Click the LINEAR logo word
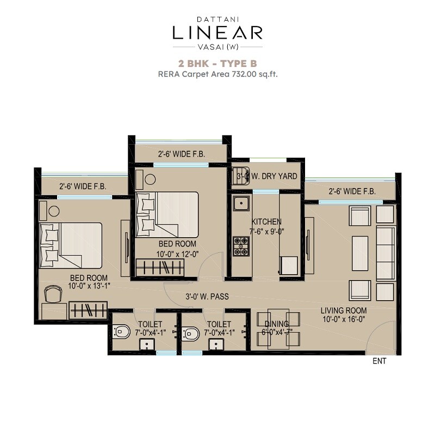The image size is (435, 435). tap(217, 32)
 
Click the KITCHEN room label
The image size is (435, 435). tap(266, 222)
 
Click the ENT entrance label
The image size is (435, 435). tap(379, 361)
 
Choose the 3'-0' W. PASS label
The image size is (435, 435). tap(207, 297)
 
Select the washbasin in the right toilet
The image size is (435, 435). tap(216, 344)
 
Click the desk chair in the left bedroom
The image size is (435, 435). tap(53, 294)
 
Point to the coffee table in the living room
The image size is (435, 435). tap(360, 252)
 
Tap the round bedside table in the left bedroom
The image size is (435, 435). tap(54, 212)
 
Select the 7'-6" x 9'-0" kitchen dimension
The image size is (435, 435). tap(266, 231)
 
